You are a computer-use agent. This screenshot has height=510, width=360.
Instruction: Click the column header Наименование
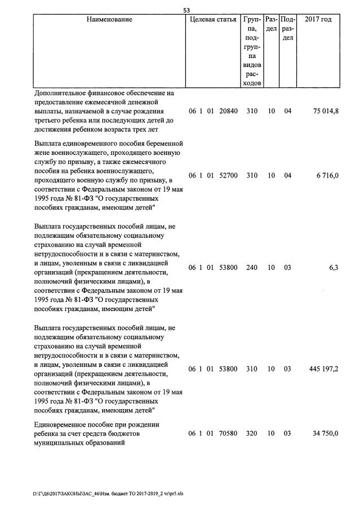point(109,20)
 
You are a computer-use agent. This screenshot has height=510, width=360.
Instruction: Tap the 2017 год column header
point(318,20)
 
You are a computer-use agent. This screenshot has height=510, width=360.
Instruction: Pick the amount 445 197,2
point(323,369)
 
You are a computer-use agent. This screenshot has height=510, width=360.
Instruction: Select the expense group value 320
point(252,433)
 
